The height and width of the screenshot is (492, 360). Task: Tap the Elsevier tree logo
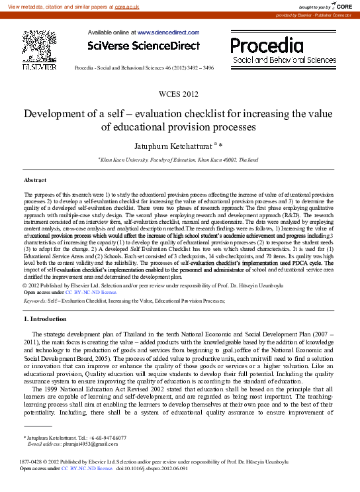click(x=40, y=46)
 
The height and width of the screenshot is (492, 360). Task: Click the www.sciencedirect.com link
click(x=168, y=32)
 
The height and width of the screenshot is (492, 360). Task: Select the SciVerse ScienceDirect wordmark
click(x=144, y=46)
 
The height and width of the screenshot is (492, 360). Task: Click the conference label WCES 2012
click(x=179, y=95)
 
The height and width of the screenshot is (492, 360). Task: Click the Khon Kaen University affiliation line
click(x=179, y=160)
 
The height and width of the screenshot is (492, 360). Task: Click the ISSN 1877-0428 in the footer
click(x=32, y=462)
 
